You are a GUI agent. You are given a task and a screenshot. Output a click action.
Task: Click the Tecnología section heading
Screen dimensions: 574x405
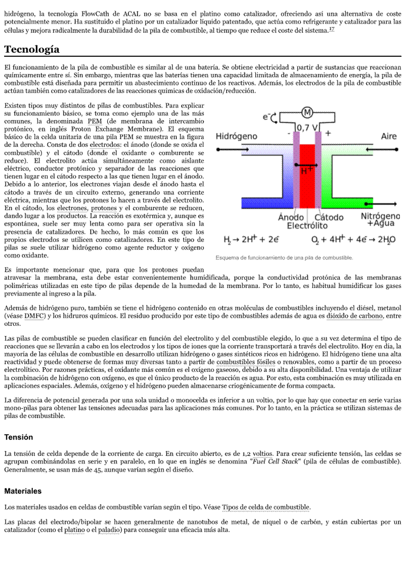[x=32, y=50]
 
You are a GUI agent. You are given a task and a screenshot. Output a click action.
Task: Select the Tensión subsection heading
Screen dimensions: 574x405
[x=18, y=437]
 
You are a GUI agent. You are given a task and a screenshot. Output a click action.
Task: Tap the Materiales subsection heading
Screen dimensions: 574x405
[x=23, y=491]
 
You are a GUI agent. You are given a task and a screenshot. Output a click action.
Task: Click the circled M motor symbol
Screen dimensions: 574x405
[x=307, y=113]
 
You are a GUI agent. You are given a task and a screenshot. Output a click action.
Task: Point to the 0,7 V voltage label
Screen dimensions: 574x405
[x=306, y=127]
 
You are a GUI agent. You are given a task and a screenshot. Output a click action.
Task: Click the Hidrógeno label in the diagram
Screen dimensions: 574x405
[x=236, y=137]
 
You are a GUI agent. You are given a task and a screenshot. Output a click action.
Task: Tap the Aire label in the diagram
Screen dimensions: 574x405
[x=389, y=137]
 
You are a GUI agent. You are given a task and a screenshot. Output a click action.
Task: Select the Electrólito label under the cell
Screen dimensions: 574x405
[x=307, y=225]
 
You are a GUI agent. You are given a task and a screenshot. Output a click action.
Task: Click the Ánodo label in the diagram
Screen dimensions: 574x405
[x=291, y=217]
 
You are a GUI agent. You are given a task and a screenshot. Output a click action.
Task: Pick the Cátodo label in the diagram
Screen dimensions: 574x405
[x=329, y=217]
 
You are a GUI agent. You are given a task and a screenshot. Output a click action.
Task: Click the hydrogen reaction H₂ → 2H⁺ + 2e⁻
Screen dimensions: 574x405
[x=251, y=239]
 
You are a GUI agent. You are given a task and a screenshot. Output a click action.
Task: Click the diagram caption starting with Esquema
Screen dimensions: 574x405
[x=284, y=257]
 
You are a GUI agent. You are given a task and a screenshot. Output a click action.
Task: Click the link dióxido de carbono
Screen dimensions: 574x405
[x=355, y=316]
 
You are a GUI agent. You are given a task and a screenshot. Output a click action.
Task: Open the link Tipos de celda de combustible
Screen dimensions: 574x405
[x=266, y=507]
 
